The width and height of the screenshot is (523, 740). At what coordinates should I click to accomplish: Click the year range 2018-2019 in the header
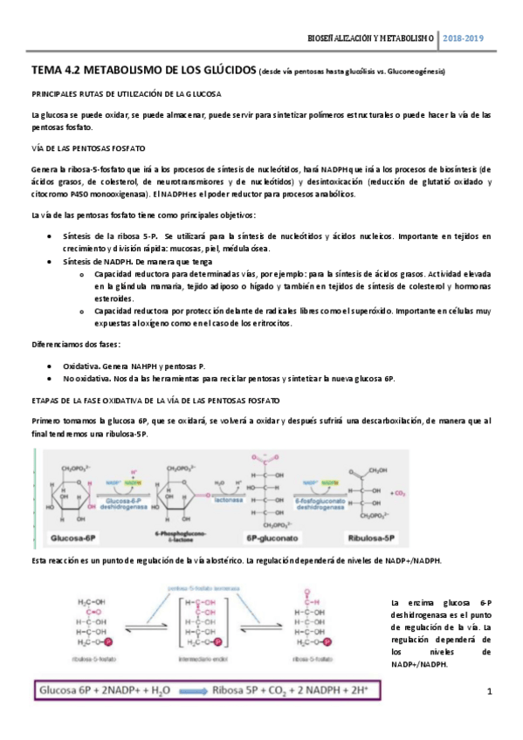tap(463, 38)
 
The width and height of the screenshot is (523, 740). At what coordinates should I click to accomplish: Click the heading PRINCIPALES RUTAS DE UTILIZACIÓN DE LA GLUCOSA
tap(125, 92)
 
